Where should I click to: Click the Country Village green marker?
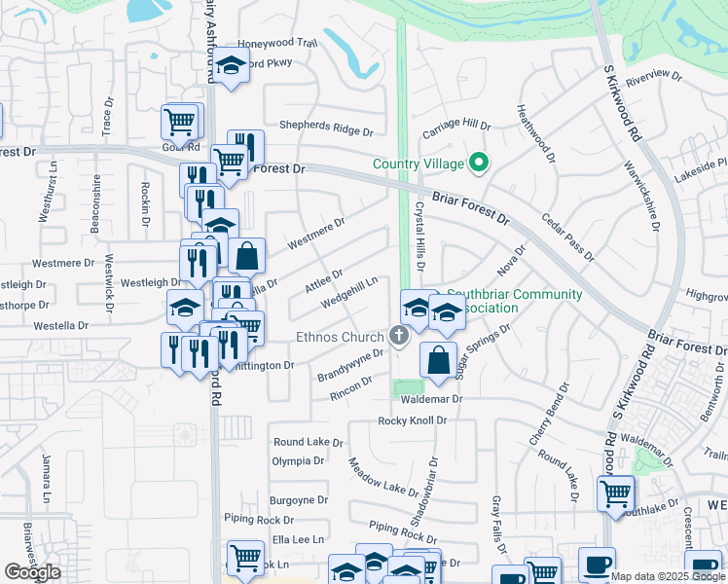tap(478, 163)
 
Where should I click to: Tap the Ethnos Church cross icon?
tap(398, 337)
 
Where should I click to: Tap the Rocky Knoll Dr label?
tap(412, 421)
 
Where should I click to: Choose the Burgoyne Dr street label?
tap(299, 500)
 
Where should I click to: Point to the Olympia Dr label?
tap(297, 461)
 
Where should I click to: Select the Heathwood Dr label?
tap(536, 133)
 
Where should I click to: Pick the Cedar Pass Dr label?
tap(567, 237)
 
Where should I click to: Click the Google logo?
tap(32, 572)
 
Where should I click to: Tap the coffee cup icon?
tap(597, 565)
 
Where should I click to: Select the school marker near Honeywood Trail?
tap(230, 66)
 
